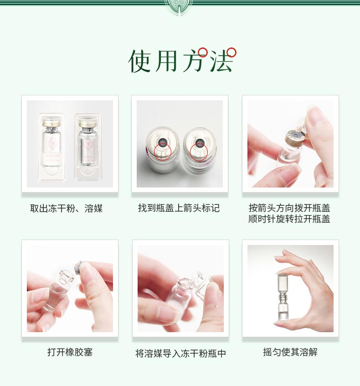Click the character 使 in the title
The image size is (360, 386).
(140, 61)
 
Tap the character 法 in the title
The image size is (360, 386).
(221, 61)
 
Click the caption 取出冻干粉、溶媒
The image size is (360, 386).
(67, 209)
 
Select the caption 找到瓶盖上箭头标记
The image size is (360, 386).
(179, 208)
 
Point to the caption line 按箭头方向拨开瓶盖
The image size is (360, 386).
(289, 208)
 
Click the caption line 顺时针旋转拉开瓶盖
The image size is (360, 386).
(289, 219)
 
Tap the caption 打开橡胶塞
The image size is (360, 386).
(70, 352)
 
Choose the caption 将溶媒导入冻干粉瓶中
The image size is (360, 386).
(180, 354)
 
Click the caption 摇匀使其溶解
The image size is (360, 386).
(290, 352)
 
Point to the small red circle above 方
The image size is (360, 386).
(203, 52)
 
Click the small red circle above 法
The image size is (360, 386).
(231, 52)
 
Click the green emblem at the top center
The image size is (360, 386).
(180, 7)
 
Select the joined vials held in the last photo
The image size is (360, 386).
(283, 297)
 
